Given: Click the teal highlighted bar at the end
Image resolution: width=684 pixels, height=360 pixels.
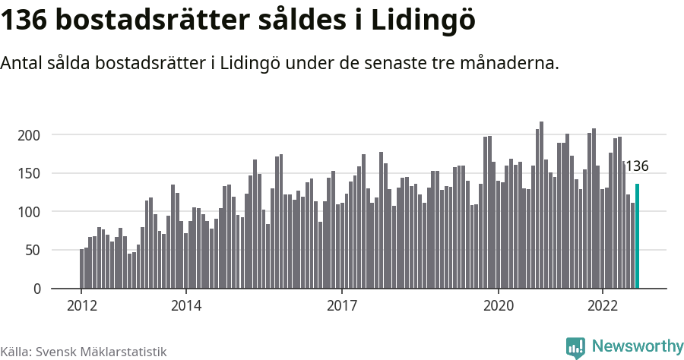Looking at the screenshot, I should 638,236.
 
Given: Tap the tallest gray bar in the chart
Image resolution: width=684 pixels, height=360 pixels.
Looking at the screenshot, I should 542,205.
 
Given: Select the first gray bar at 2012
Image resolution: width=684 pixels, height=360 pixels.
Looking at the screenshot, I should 82,269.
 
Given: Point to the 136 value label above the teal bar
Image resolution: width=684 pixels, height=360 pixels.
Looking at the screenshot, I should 636,166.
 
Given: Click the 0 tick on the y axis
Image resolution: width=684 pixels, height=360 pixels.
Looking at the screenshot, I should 36,289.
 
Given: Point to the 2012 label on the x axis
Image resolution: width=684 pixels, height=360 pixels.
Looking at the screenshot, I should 82,305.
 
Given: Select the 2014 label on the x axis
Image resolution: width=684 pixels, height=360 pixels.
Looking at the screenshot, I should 185,305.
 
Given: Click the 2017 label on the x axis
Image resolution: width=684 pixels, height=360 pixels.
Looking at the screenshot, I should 342,305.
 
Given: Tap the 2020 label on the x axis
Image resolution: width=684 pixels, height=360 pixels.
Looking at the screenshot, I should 499,305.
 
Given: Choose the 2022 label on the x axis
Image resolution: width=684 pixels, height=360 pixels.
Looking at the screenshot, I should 603,305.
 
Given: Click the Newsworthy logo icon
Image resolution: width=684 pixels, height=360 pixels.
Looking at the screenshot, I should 576,347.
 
